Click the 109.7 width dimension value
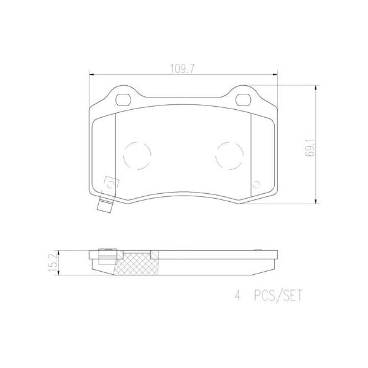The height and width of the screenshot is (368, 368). pos(182,69)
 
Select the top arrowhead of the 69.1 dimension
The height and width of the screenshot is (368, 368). pos(315,88)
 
